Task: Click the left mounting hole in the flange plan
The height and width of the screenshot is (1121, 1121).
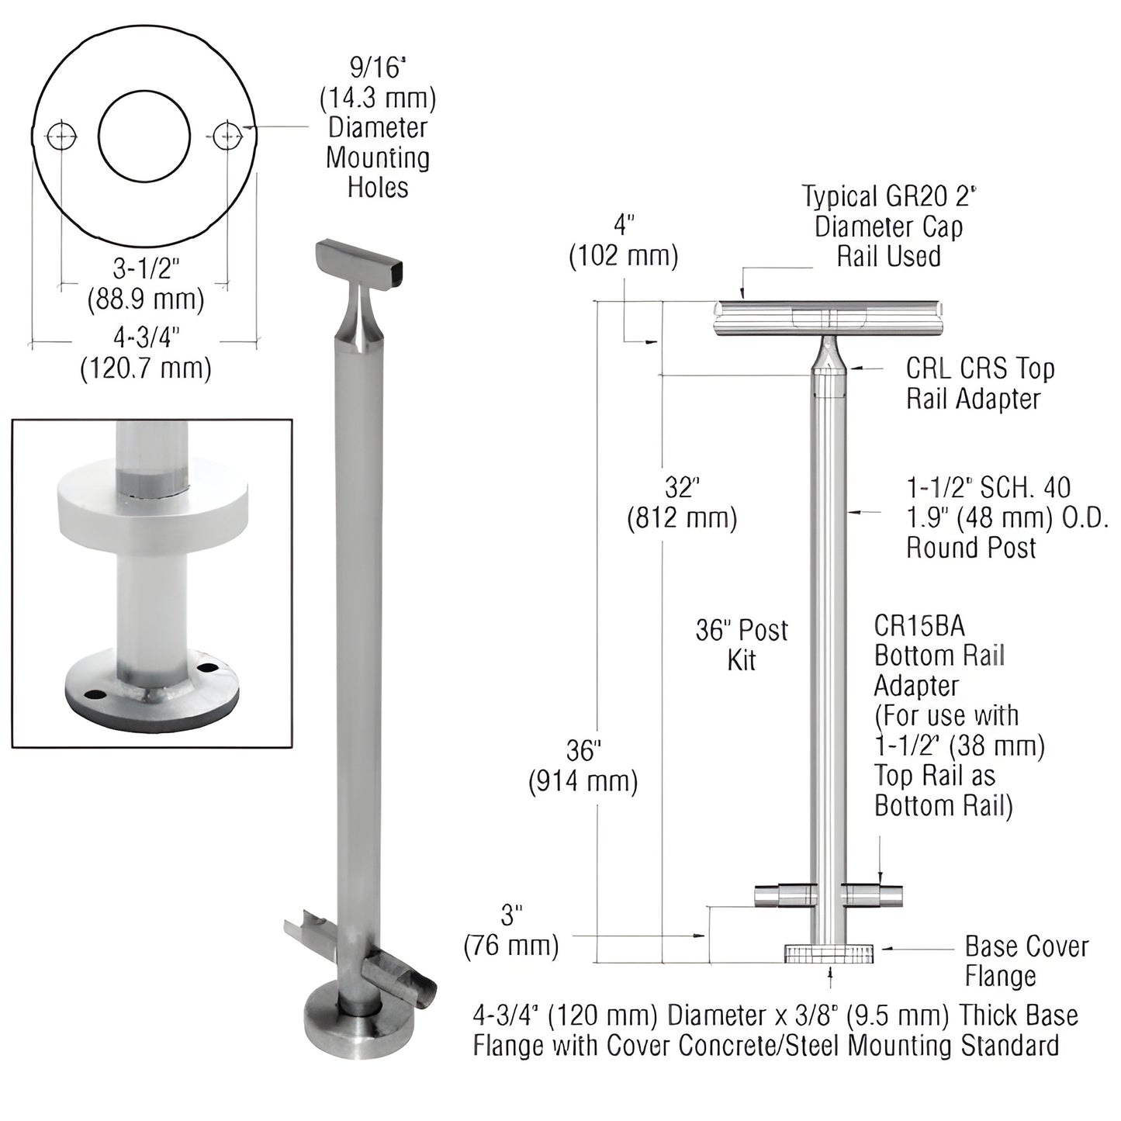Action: pos(62,137)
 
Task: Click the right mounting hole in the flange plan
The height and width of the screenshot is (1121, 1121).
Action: pos(227,137)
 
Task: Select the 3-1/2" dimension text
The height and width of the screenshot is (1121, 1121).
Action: pos(147,268)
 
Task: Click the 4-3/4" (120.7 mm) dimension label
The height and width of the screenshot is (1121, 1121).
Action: pos(146,351)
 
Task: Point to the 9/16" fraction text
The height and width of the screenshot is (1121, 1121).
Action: pos(378,69)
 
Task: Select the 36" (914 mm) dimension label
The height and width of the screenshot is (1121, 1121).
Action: pos(583,766)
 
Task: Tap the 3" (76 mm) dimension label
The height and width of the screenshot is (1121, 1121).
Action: pos(511,930)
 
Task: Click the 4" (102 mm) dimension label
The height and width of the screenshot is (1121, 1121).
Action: pos(624,240)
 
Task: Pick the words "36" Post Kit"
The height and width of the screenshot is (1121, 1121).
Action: pos(742,645)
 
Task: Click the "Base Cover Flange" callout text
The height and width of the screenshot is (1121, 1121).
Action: pos(1026,961)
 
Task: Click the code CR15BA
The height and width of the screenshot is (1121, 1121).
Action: pos(919,625)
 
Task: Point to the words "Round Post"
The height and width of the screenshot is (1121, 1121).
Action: pos(971,548)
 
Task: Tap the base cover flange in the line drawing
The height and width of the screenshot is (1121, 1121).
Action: pos(829,953)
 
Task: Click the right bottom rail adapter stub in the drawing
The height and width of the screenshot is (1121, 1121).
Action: pos(873,896)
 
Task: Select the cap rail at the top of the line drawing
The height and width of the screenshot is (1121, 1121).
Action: pos(829,317)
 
